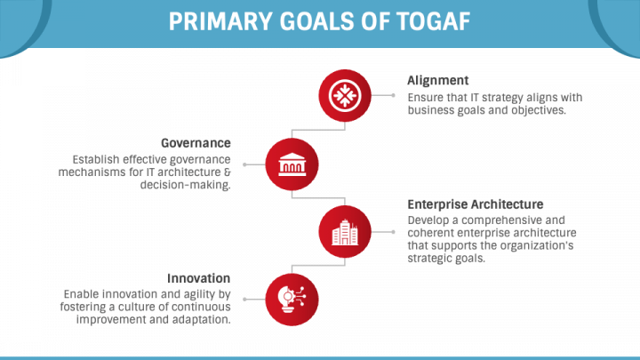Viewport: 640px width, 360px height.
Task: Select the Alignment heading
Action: click(438, 80)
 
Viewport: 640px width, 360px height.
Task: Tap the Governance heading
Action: click(196, 142)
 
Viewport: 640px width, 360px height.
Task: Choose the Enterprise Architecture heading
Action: click(475, 204)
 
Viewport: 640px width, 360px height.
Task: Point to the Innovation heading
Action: click(197, 277)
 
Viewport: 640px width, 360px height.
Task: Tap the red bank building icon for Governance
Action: click(292, 163)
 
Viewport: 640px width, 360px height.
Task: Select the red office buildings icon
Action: click(344, 231)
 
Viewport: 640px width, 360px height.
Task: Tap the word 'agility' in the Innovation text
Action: click(182, 293)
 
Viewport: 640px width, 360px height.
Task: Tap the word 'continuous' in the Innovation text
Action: click(201, 307)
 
